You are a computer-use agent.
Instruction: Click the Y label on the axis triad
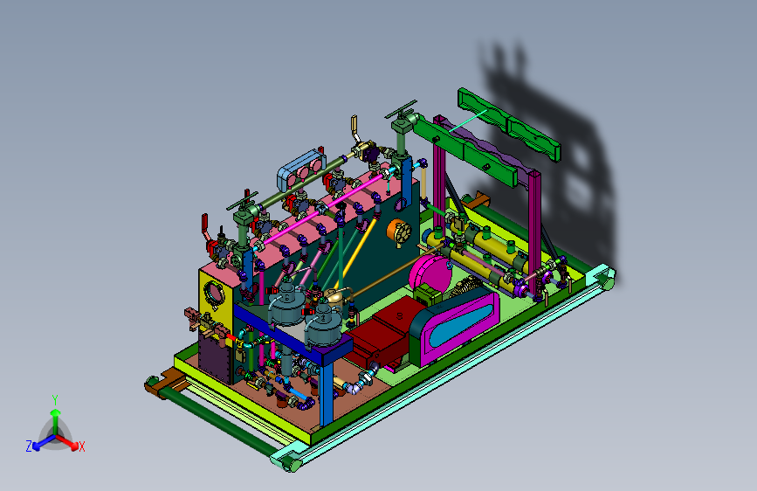pyautogui.click(x=55, y=400)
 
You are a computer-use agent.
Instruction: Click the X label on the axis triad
pyautogui.click(x=81, y=446)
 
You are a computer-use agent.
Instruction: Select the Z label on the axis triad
pyautogui.click(x=29, y=446)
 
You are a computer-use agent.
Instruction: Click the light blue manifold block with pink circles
pyautogui.click(x=300, y=169)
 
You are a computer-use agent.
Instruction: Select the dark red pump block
pyautogui.click(x=382, y=333)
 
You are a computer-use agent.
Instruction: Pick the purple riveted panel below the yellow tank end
pyautogui.click(x=216, y=358)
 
